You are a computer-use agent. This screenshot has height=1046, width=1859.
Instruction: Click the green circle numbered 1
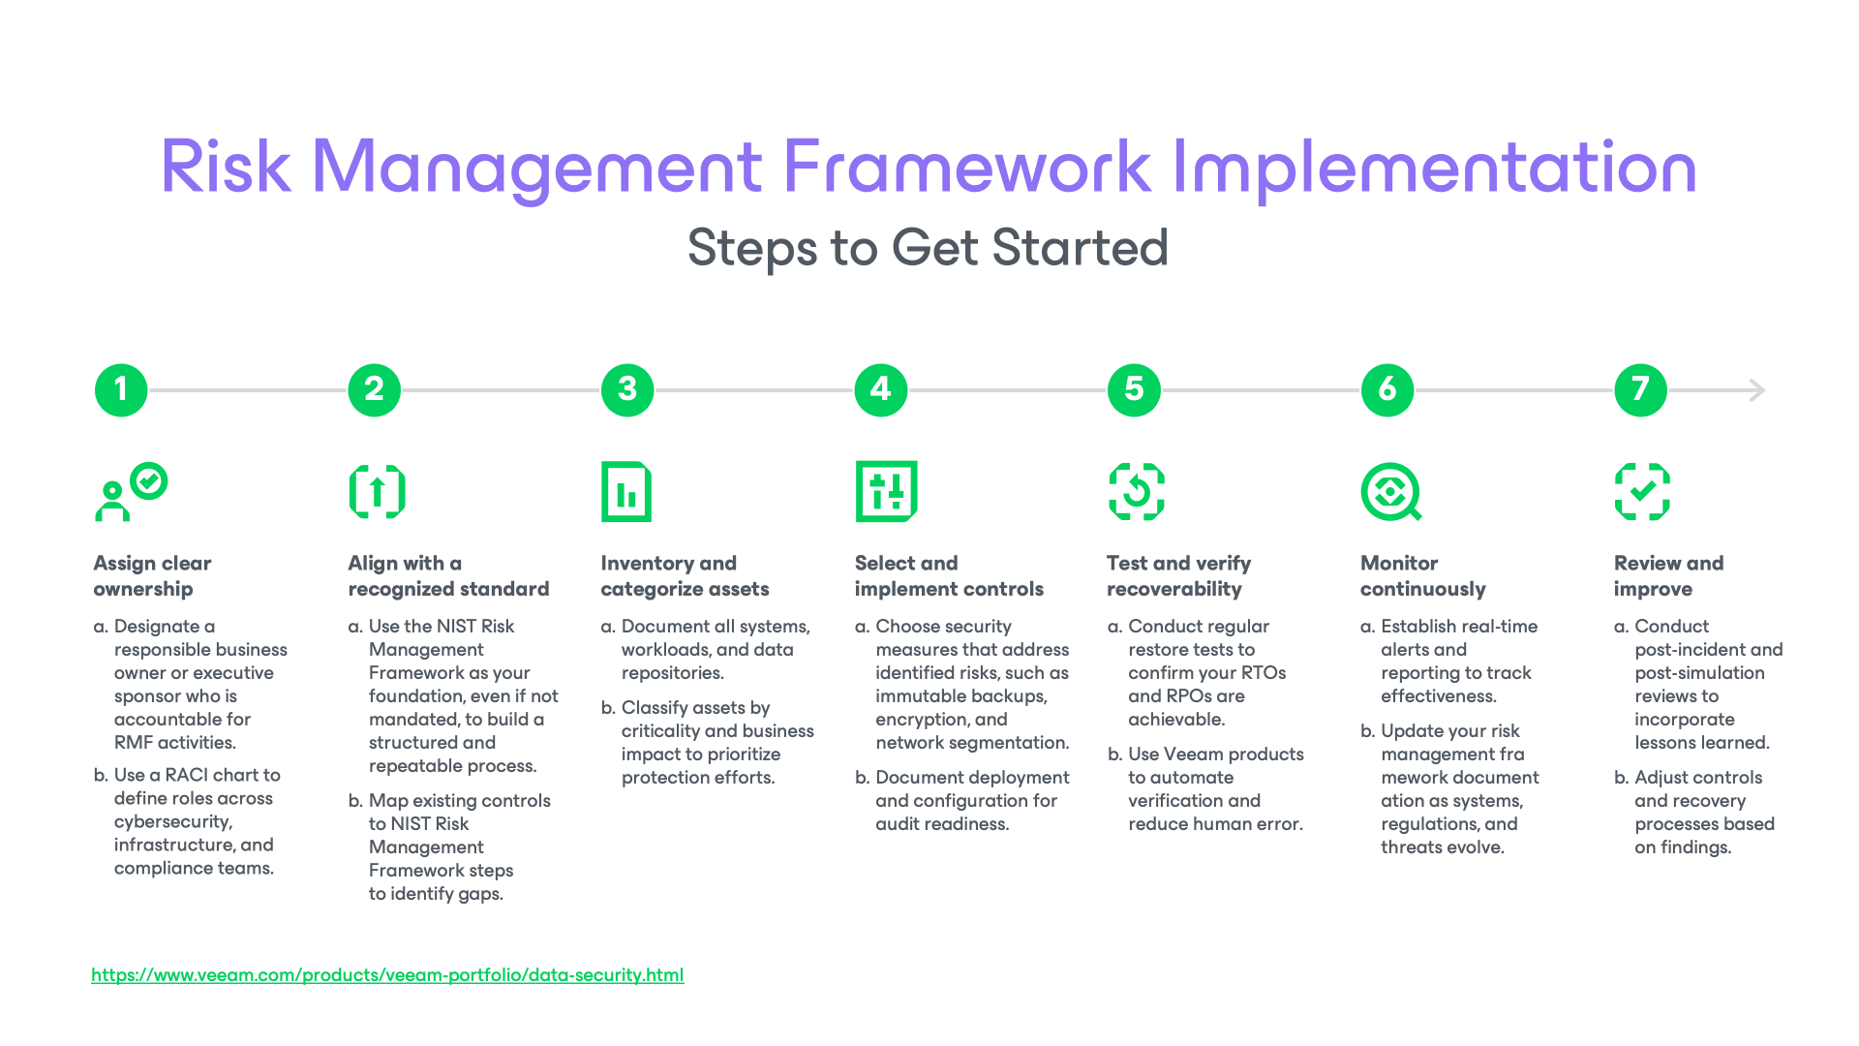[121, 390]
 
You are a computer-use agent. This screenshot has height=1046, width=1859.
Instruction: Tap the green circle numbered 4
[880, 390]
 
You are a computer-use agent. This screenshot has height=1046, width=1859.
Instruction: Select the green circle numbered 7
[1640, 390]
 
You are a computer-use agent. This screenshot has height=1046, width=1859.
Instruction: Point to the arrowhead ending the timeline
[1758, 390]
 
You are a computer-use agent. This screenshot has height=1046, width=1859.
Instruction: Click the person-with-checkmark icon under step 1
[131, 492]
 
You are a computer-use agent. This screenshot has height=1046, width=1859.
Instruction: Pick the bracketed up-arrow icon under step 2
[377, 492]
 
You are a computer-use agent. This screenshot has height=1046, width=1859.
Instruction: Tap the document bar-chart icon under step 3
[626, 492]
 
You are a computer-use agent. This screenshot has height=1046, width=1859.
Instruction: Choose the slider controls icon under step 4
[886, 492]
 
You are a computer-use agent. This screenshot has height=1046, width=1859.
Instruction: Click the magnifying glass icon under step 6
[1390, 492]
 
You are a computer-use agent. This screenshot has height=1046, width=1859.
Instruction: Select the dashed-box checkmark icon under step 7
[1642, 492]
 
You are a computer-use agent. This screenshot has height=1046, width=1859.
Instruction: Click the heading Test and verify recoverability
[1178, 576]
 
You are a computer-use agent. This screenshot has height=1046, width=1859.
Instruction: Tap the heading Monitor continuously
[1422, 576]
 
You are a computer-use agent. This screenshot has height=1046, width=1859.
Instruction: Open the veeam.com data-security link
[387, 975]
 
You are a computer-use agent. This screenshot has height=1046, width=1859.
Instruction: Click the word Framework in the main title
[965, 167]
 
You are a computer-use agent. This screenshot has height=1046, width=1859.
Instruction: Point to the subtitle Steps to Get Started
[928, 248]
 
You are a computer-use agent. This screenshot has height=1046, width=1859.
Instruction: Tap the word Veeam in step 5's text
[1193, 754]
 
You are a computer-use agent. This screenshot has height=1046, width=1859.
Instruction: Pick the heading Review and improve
[1667, 576]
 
